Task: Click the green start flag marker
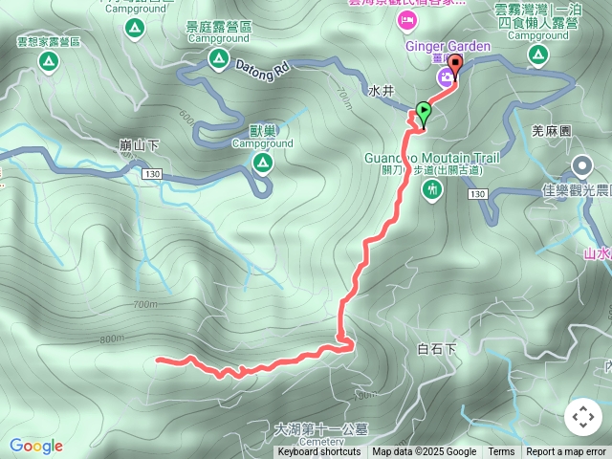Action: pyautogui.click(x=423, y=111)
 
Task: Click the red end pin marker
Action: pyautogui.click(x=455, y=65)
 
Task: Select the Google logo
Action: pyautogui.click(x=36, y=446)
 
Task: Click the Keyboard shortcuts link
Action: pyautogui.click(x=318, y=452)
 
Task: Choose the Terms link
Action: pyautogui.click(x=501, y=452)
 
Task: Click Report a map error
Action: pyautogui.click(x=566, y=452)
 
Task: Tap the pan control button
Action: pyautogui.click(x=582, y=417)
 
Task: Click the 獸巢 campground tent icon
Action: pyautogui.click(x=262, y=164)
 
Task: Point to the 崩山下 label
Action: pyautogui.click(x=140, y=144)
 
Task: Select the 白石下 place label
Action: pyautogui.click(x=437, y=349)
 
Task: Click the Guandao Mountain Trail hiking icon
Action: pyautogui.click(x=432, y=189)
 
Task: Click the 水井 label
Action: pyautogui.click(x=381, y=92)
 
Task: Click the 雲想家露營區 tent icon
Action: pyautogui.click(x=48, y=62)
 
